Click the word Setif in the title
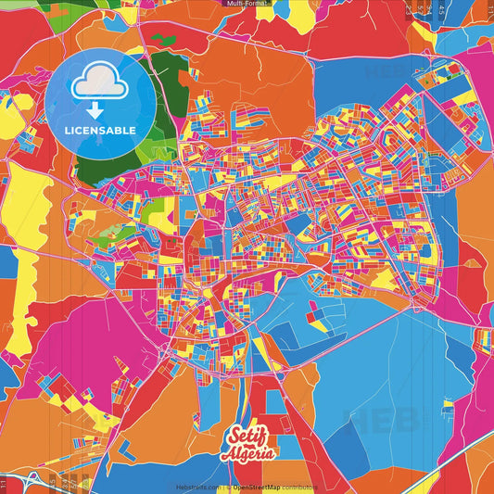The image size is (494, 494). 243,437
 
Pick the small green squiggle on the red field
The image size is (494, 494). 164,39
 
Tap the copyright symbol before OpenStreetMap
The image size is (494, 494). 227,487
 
